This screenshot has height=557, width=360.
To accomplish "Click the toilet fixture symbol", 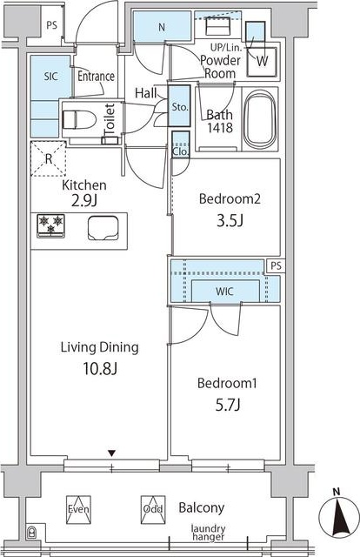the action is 79,119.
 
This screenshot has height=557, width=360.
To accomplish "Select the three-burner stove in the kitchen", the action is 50,225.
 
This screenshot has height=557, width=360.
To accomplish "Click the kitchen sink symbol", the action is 103,228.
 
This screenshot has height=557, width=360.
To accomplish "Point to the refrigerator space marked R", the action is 49,158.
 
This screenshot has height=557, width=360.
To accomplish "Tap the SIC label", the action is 50,76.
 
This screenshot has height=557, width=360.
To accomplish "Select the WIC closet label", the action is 224,292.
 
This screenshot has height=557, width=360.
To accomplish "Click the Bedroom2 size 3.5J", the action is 230,221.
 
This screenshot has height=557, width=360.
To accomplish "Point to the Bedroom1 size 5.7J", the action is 229,405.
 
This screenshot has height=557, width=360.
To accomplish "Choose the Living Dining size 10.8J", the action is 100,369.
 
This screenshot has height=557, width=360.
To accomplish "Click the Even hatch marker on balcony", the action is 78,509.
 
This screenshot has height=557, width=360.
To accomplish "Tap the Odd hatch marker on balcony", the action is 153,509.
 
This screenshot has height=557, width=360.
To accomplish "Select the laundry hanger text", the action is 209,533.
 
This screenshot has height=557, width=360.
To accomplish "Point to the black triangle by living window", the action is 112,453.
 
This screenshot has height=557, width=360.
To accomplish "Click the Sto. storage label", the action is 180,106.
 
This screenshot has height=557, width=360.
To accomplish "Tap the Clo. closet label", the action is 181,151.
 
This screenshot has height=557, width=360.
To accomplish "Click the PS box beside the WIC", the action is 277,266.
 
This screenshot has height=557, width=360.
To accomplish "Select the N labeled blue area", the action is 163,27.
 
